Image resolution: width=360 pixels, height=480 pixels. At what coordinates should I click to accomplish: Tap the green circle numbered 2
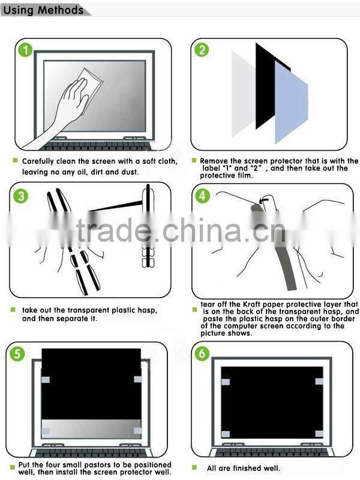click(202, 50)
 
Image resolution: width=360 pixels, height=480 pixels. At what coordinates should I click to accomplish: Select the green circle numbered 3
click(20, 196)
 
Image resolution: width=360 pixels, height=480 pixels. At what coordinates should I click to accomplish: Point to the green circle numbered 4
click(203, 196)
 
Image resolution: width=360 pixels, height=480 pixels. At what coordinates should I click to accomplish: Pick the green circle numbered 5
click(20, 353)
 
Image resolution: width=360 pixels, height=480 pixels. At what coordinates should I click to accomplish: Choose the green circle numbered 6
click(202, 353)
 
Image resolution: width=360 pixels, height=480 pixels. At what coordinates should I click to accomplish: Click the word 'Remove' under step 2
click(214, 161)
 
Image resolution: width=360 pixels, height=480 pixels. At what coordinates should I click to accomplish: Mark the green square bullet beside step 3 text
click(14, 310)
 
